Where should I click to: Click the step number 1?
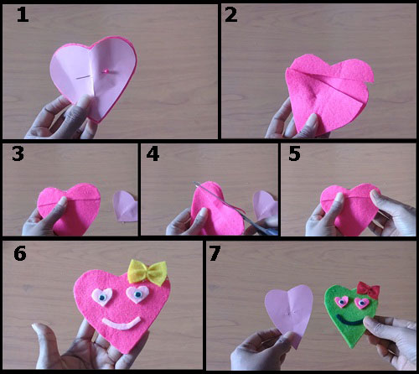[23, 15]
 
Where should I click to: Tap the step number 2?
[231, 15]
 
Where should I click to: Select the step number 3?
[18, 154]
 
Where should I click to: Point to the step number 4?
[153, 154]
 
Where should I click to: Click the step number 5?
[294, 154]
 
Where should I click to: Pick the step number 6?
[20, 253]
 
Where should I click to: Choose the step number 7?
[215, 253]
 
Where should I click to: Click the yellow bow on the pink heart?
[147, 272]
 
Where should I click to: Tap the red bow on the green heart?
[369, 289]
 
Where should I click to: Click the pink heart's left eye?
[102, 297]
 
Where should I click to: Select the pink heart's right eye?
[137, 294]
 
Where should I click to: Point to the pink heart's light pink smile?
[122, 325]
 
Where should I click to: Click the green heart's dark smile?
[349, 322]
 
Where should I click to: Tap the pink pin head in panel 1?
[106, 71]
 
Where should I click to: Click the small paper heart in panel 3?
[126, 206]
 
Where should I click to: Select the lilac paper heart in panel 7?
[289, 314]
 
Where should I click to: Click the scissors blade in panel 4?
[220, 200]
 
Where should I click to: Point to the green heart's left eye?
[341, 301]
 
